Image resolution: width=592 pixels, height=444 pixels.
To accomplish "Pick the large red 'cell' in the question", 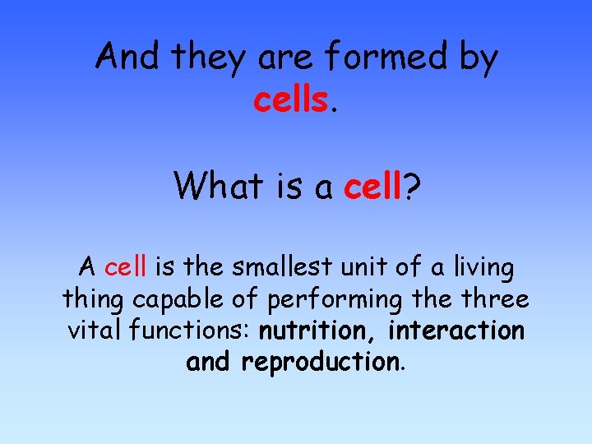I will (x=372, y=186).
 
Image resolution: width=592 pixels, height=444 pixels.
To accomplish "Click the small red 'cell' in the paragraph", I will (x=127, y=267).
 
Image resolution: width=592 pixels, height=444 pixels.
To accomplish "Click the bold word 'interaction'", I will (x=456, y=331).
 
